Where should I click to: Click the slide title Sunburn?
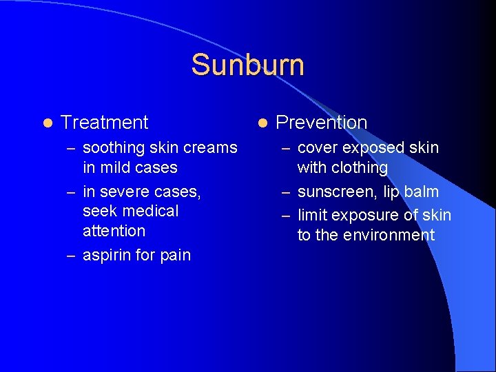coord(247,65)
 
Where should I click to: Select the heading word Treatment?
coord(104,123)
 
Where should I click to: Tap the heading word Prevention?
coord(321,123)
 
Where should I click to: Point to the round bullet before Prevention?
coord(262,123)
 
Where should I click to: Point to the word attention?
coord(114,231)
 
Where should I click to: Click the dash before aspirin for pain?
coord(71,256)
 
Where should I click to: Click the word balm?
coord(421,191)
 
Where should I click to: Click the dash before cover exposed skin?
coord(286,148)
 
